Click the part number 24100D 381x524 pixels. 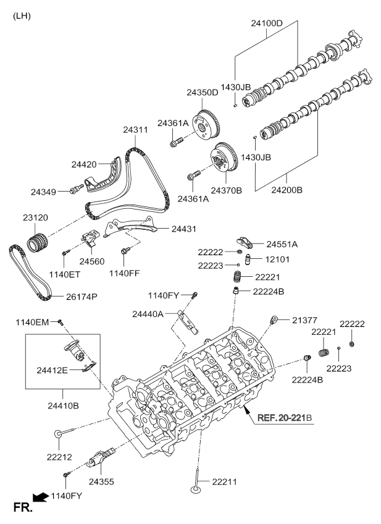tap(267, 23)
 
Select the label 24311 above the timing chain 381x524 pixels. tap(136, 130)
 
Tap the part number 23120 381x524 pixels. tap(35, 218)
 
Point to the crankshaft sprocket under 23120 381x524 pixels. tap(38, 243)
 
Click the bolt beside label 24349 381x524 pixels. tap(76, 189)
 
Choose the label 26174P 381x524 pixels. tap(82, 297)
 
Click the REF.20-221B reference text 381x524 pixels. tap(285, 417)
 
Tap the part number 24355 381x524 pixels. tap(101, 481)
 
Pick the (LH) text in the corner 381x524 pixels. tap(22, 16)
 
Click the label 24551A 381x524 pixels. tap(282, 244)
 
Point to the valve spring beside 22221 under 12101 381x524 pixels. tap(237, 277)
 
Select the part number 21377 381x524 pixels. tap(304, 320)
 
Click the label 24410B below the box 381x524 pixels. tap(63, 406)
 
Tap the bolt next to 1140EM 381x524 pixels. tap(61, 322)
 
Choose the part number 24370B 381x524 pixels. tap(227, 190)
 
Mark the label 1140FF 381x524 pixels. tap(124, 273)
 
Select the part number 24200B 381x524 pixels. tap(287, 190)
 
